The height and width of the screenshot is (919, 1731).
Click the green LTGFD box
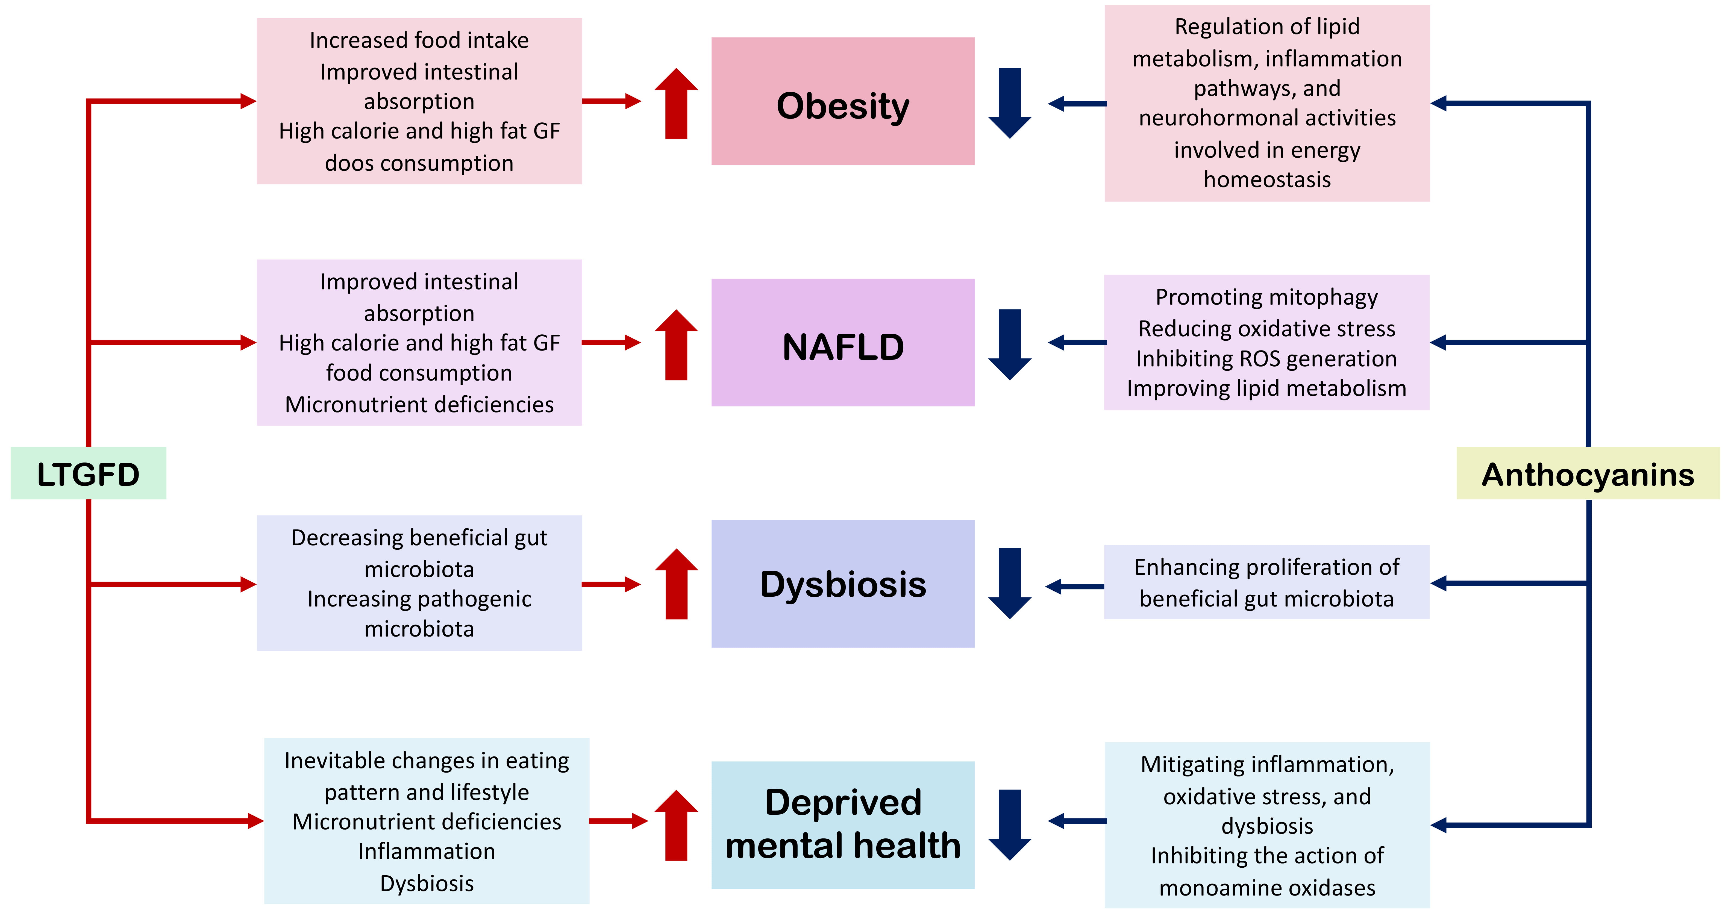(88, 474)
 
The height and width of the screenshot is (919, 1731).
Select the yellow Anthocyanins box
(1587, 474)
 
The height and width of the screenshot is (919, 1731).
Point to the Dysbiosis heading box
(843, 584)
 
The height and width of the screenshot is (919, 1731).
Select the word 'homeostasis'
(1267, 179)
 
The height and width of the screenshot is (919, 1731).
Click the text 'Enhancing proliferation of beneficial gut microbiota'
(1267, 582)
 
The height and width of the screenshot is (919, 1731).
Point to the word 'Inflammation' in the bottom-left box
(427, 851)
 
